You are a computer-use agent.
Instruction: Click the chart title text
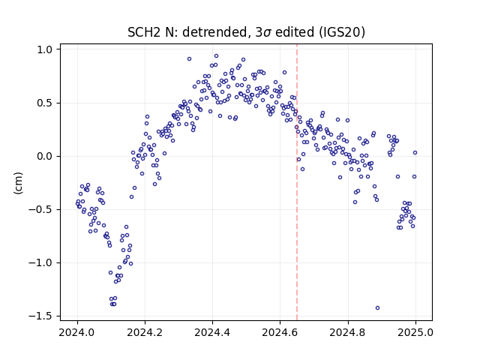click(x=246, y=32)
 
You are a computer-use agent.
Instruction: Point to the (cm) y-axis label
click(x=18, y=183)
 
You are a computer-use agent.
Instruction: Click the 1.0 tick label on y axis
click(x=45, y=49)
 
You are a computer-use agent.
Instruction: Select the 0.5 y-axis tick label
click(x=45, y=103)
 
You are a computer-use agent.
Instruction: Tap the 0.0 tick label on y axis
click(x=45, y=156)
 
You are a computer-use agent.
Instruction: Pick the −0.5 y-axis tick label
click(x=41, y=209)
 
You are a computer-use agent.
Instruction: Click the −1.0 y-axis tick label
click(x=41, y=262)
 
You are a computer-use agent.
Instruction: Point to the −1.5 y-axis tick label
click(x=41, y=316)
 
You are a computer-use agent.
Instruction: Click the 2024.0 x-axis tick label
click(x=77, y=332)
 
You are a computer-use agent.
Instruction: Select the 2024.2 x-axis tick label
click(x=145, y=332)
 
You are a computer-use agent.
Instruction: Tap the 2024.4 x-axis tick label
click(x=212, y=332)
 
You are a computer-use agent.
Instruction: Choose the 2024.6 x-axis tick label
click(x=280, y=332)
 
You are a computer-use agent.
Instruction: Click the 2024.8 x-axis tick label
click(x=348, y=332)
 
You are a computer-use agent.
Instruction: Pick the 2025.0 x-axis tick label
click(x=415, y=332)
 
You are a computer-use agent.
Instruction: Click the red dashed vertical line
click(x=297, y=182)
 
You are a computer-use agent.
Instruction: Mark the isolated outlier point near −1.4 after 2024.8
click(x=377, y=307)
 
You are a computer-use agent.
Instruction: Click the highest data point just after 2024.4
click(x=216, y=56)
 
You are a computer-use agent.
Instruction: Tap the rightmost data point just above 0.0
click(x=415, y=152)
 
